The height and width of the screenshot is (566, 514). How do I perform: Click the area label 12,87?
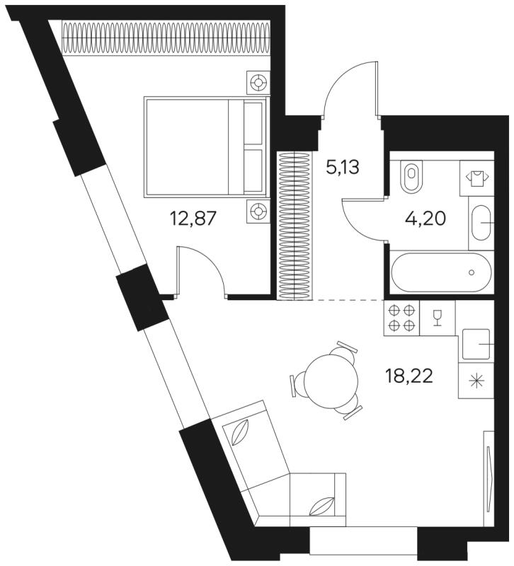point(193,219)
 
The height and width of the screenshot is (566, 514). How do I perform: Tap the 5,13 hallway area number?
point(343,168)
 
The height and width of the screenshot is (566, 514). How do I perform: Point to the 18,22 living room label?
point(409,377)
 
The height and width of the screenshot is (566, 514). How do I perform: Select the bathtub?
point(441,272)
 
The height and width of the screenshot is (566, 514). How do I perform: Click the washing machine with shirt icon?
point(476,178)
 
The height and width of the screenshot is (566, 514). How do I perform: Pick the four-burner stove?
point(401,318)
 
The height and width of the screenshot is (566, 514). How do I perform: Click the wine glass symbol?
point(438,318)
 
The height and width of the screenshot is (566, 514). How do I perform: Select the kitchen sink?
point(476,344)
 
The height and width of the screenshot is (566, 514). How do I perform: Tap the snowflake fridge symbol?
point(476,381)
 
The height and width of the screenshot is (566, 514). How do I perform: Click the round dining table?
point(331,381)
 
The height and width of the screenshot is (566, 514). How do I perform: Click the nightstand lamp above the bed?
point(258,83)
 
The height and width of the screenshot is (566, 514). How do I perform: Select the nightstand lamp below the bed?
point(258,210)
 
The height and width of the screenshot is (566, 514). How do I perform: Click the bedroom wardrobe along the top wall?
point(166,37)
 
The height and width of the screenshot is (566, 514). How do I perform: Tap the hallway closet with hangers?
point(295,226)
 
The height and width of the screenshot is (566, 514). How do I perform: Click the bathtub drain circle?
point(472,272)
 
